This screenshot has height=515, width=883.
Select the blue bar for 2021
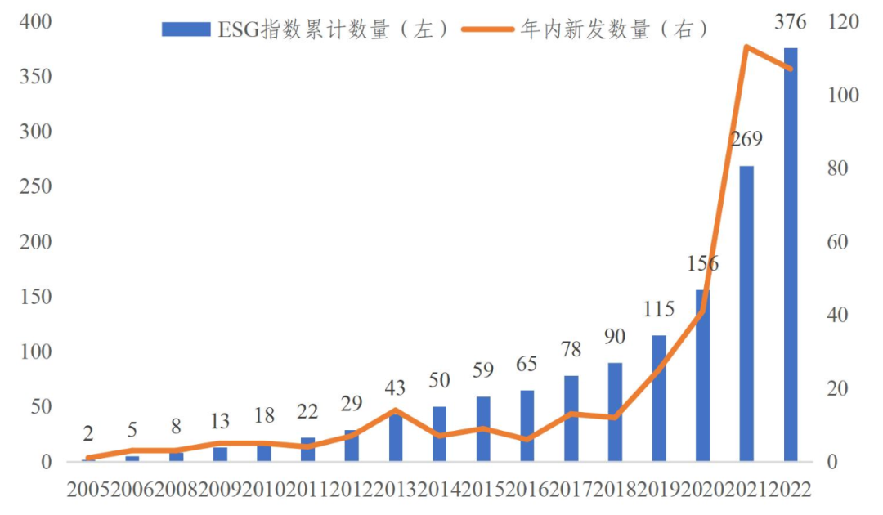[746, 315]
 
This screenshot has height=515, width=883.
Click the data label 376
[790, 22]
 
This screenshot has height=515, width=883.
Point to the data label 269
[746, 140]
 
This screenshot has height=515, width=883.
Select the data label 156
[702, 264]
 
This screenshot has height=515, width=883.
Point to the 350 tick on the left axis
[37, 77]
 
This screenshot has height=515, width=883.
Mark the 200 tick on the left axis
[37, 242]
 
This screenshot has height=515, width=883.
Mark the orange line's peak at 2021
[746, 47]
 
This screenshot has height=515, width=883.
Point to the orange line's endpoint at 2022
[790, 69]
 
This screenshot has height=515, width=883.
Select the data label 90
[615, 337]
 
